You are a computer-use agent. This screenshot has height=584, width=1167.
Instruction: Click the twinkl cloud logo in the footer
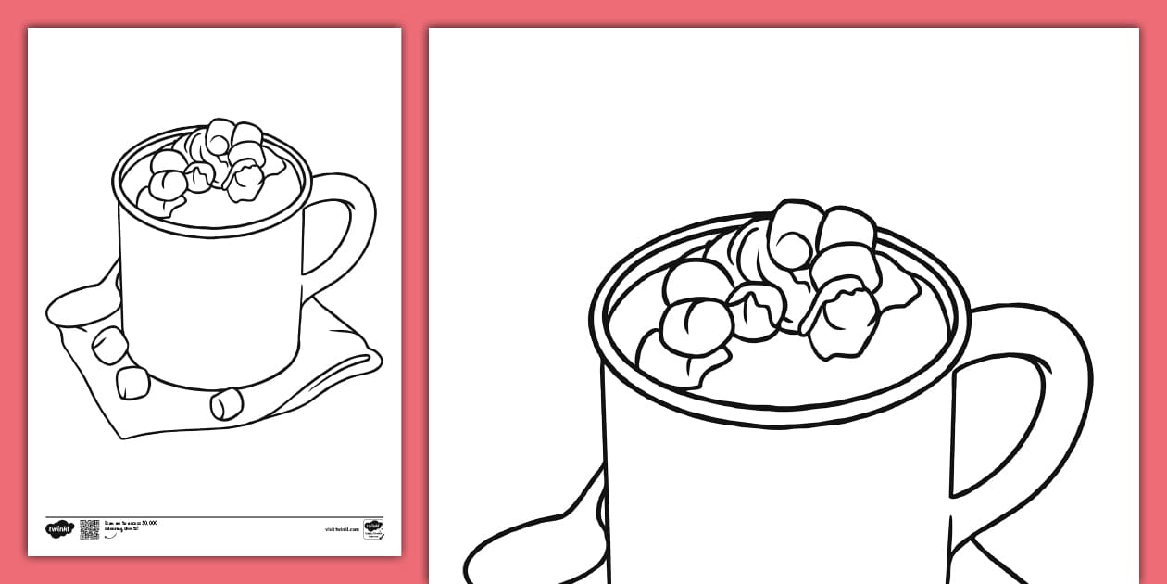coord(58,529)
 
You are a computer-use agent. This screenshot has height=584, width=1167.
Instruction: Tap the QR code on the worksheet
coord(89,529)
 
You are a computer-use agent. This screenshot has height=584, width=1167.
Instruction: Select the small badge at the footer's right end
coord(373,529)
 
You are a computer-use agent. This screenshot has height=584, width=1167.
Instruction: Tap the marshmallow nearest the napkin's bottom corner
coord(226,403)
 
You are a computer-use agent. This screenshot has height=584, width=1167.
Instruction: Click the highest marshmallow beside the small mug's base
coord(110,344)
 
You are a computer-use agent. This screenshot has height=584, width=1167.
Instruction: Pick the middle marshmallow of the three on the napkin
coord(132,382)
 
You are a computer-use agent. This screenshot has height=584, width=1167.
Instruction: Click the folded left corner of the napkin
coord(69,311)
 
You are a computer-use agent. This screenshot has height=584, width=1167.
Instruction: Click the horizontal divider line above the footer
coord(214,516)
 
